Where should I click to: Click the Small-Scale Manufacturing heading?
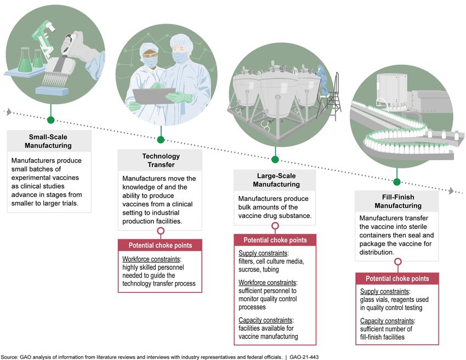pos(48,141)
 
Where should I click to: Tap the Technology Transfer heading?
pos(161,160)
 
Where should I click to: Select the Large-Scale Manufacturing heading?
pos(276,180)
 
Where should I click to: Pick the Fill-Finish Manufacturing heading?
pos(398,201)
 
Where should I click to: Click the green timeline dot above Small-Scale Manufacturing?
pos(51,120)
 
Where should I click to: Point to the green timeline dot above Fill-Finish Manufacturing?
pos(397,182)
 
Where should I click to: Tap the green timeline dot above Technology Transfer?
pos(161,139)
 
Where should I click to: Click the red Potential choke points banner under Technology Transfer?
pos(160,245)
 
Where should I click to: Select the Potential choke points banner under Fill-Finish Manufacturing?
pos(397,278)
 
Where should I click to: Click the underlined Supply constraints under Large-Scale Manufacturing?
pos(263,253)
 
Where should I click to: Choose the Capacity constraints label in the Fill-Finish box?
pos(387,320)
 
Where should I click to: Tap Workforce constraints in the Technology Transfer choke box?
pos(151,259)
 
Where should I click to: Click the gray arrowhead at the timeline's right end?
pos(451,191)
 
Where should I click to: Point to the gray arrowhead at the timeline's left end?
pos(9,112)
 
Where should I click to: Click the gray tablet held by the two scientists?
pos(154,96)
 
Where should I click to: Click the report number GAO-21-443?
pos(304,357)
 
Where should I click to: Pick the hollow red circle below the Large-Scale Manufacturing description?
pos(275,226)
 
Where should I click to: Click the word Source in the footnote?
pos(9,357)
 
